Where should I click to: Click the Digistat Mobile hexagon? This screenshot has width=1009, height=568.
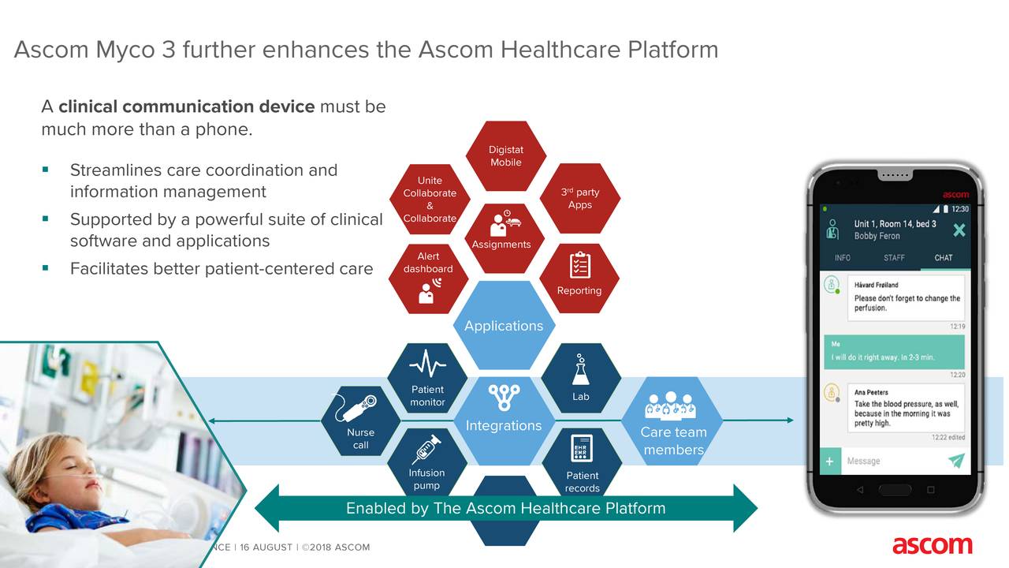(505, 156)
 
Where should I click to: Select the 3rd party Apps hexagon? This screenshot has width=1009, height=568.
(580, 199)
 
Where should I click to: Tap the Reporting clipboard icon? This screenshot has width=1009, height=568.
(579, 265)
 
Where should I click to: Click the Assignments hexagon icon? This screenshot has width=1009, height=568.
(501, 224)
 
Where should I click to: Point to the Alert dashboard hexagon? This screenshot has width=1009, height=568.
(429, 278)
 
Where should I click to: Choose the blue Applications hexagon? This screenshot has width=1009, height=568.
(504, 326)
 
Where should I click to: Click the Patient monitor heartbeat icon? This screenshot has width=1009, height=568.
(427, 364)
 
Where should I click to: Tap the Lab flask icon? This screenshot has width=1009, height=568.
(581, 369)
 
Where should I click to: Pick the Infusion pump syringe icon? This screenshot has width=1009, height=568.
(426, 449)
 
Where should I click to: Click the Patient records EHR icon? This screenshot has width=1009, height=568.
(582, 449)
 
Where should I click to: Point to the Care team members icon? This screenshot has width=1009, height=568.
(672, 405)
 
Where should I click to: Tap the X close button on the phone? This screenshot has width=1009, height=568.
(959, 230)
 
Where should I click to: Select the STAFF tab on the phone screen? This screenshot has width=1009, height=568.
(894, 258)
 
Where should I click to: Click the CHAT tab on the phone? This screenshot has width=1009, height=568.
(944, 258)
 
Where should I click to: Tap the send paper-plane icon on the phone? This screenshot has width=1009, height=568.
(956, 461)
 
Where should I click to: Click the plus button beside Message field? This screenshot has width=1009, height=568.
(829, 461)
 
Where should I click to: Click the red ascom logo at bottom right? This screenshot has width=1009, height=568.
(932, 545)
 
